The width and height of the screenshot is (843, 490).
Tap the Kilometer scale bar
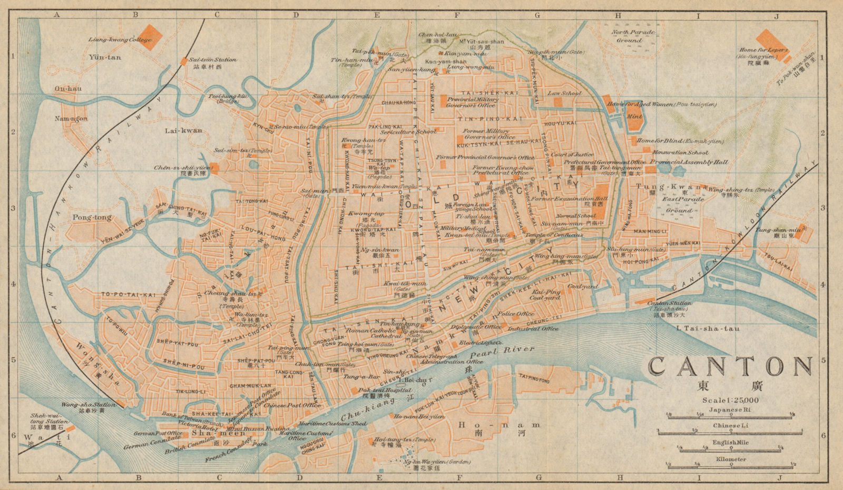(x=730, y=465)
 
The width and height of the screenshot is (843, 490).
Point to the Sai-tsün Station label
(x=205, y=61)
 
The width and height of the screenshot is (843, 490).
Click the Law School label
(x=564, y=93)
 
